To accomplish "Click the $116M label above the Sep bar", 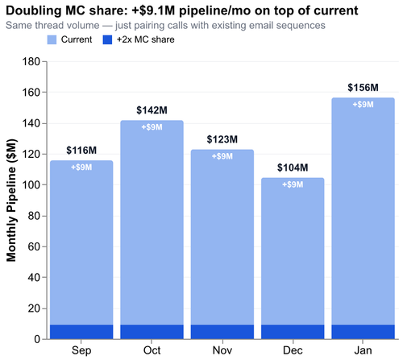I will [81, 151].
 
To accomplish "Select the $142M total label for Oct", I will [152, 110].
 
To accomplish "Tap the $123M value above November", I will [222, 140].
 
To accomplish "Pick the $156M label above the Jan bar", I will [362, 88].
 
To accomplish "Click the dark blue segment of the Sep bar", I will [81, 332].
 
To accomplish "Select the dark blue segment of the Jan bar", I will [362, 332].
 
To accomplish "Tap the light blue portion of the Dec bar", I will [292, 258].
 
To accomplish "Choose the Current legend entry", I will [77, 39].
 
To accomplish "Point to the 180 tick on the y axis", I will [31, 62].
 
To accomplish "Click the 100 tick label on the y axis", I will [31, 185].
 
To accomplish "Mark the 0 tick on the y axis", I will [37, 339].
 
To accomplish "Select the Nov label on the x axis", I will [222, 350].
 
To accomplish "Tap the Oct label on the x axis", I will [152, 350].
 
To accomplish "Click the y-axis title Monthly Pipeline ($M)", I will [12, 201].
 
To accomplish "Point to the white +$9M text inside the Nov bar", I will [222, 155].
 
